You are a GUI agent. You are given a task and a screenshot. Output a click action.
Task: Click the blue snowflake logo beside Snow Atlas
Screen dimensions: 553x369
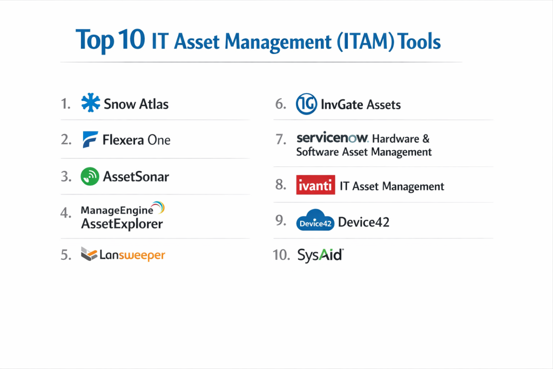tap(91, 103)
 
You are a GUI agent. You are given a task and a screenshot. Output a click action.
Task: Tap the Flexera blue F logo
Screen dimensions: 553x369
tap(90, 140)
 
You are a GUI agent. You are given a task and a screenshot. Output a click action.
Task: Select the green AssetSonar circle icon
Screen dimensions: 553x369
tap(90, 176)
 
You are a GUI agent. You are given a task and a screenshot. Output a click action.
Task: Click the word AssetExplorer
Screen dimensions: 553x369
tap(122, 224)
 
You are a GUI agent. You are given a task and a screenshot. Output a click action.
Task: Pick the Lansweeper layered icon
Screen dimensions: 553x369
tap(89, 254)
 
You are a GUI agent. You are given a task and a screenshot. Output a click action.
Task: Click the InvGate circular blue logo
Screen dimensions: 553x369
tap(306, 104)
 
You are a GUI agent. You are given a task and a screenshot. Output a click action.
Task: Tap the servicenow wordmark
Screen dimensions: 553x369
tap(332, 138)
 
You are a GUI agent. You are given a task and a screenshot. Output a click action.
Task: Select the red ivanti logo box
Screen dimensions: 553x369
tap(315, 185)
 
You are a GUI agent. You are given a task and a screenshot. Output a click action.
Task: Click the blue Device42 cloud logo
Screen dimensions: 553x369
tap(315, 220)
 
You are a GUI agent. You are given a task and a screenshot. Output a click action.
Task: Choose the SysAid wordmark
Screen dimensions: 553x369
tap(320, 254)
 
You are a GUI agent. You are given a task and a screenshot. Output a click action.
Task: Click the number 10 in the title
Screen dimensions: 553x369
tap(132, 39)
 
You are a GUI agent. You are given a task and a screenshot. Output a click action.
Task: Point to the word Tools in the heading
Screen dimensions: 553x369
tap(419, 41)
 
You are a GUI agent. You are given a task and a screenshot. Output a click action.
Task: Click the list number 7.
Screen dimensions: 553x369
tap(281, 139)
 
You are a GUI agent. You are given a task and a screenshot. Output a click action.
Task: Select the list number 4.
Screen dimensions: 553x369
tap(66, 213)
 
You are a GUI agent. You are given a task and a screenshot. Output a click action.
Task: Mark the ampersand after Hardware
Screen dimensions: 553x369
tap(426, 139)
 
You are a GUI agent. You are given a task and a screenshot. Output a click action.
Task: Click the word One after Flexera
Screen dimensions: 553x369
tap(159, 140)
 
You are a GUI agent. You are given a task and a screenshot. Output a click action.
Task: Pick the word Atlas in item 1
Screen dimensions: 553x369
tap(154, 104)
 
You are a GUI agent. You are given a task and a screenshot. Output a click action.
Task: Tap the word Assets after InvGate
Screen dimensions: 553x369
tap(384, 105)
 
